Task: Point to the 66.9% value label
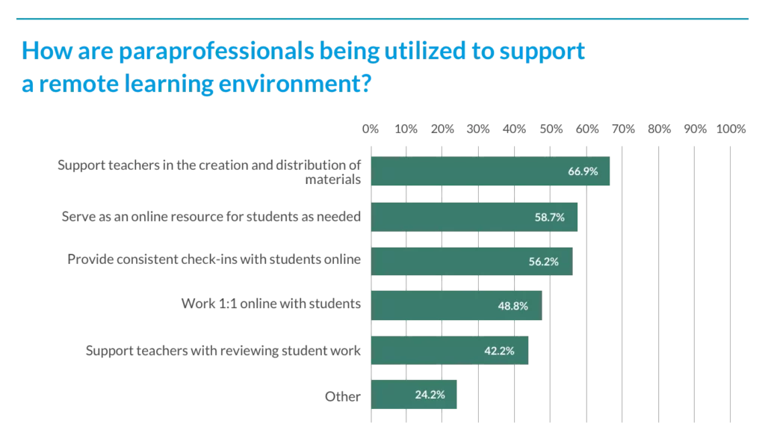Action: coord(583,171)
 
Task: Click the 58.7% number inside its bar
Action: coord(548,217)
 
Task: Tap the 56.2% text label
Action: coord(542,261)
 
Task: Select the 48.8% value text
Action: coord(513,305)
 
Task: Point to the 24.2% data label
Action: coord(430,394)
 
